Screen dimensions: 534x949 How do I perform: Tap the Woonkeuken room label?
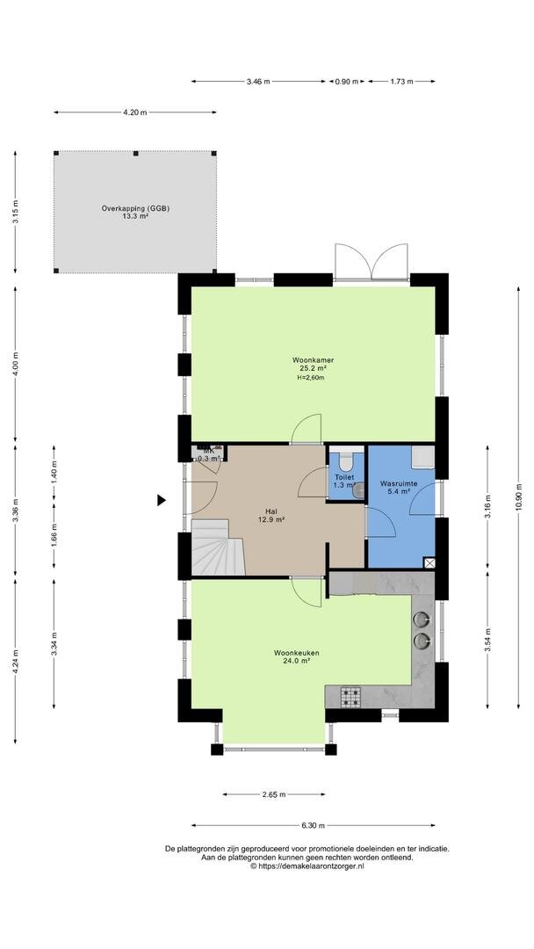point(296,653)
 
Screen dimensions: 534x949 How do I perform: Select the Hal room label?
point(271,511)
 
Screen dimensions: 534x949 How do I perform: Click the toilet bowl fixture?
point(346,462)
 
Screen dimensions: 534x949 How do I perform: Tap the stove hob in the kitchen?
point(350,696)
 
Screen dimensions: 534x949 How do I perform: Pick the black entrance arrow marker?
point(162,500)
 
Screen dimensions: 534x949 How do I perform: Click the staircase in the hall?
point(219,547)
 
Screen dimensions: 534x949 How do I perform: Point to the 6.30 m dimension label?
point(313,825)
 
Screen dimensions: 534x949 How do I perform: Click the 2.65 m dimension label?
point(273,794)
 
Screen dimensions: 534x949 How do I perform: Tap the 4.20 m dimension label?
point(135,112)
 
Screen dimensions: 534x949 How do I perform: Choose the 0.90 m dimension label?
point(347,81)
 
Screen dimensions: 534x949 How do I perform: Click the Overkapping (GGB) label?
point(135,208)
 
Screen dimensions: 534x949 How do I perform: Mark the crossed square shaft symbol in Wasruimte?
point(429,563)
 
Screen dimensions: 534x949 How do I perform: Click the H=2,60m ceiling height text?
point(312,378)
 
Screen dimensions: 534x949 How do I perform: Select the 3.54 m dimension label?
point(488,639)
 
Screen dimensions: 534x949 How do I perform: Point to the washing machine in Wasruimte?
point(422,456)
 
